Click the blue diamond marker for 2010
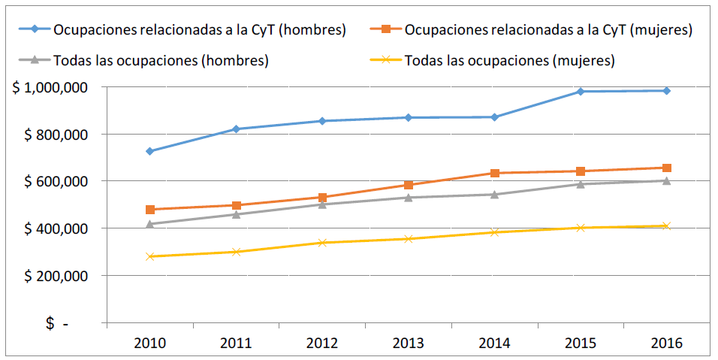pyautogui.click(x=150, y=151)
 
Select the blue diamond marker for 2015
pyautogui.click(x=581, y=92)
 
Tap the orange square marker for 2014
pyautogui.click(x=495, y=174)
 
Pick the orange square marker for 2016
pyautogui.click(x=667, y=168)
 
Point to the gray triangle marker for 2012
pyautogui.click(x=322, y=204)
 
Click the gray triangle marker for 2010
pyautogui.click(x=150, y=224)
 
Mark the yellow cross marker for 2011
pyautogui.click(x=236, y=252)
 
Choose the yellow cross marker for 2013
pyautogui.click(x=409, y=239)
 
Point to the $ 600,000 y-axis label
pyautogui.click(x=56, y=181)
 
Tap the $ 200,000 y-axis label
pyautogui.click(x=56, y=276)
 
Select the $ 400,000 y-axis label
pyautogui.click(x=56, y=228)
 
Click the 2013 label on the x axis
pyautogui.click(x=409, y=343)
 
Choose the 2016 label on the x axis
pyautogui.click(x=667, y=343)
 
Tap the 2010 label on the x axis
pyautogui.click(x=150, y=343)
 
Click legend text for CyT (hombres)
pyautogui.click(x=199, y=30)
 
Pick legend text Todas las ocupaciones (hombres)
pyautogui.click(x=161, y=60)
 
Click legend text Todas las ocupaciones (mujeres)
pyautogui.click(x=510, y=60)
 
